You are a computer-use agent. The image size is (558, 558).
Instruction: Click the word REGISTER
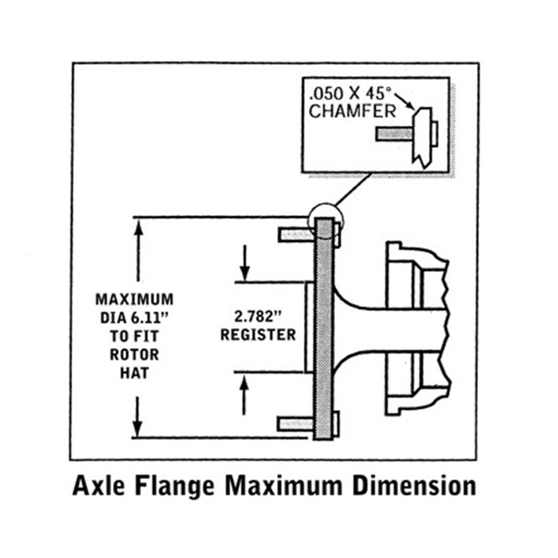click(x=258, y=334)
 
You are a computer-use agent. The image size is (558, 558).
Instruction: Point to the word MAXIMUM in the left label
click(x=135, y=300)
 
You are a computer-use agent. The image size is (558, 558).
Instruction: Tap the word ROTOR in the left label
click(x=135, y=354)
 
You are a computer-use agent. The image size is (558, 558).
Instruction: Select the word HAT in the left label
click(x=135, y=372)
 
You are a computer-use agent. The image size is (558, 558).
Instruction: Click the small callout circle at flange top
click(x=324, y=218)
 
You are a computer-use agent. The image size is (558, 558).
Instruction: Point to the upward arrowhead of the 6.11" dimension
click(x=138, y=227)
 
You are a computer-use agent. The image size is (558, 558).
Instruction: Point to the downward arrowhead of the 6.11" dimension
click(x=138, y=428)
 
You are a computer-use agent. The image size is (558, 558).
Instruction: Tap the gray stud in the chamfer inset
click(x=391, y=133)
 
